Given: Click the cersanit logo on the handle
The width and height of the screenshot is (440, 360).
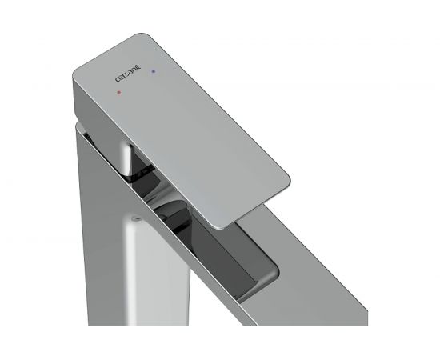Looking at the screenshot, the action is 128,74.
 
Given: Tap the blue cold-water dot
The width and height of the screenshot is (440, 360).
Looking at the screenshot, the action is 153,71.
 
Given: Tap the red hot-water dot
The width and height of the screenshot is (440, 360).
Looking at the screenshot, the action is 119,92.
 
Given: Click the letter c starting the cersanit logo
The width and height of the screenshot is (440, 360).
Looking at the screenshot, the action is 118,80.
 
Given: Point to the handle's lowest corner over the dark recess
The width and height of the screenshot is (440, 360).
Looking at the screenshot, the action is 221,226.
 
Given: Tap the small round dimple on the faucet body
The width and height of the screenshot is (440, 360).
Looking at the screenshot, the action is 137,218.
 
